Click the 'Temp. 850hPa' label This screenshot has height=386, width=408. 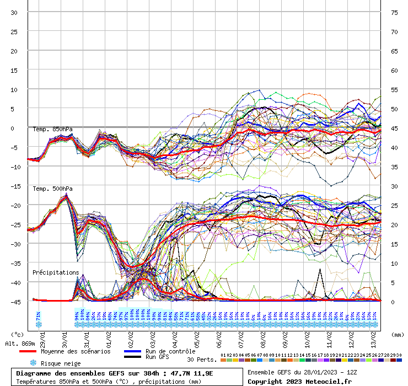pyautogui.click(x=52, y=130)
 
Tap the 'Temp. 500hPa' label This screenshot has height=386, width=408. pyautogui.click(x=52, y=189)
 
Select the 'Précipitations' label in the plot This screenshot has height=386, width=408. pyautogui.click(x=56, y=272)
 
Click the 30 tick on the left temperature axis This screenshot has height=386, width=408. pyautogui.click(x=14, y=12)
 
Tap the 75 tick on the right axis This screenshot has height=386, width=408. pyautogui.click(x=394, y=12)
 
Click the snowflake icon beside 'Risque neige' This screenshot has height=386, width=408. pyautogui.click(x=33, y=363)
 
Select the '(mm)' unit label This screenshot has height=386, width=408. pyautogui.click(x=397, y=334)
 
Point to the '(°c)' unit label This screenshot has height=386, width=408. pyautogui.click(x=18, y=334)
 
